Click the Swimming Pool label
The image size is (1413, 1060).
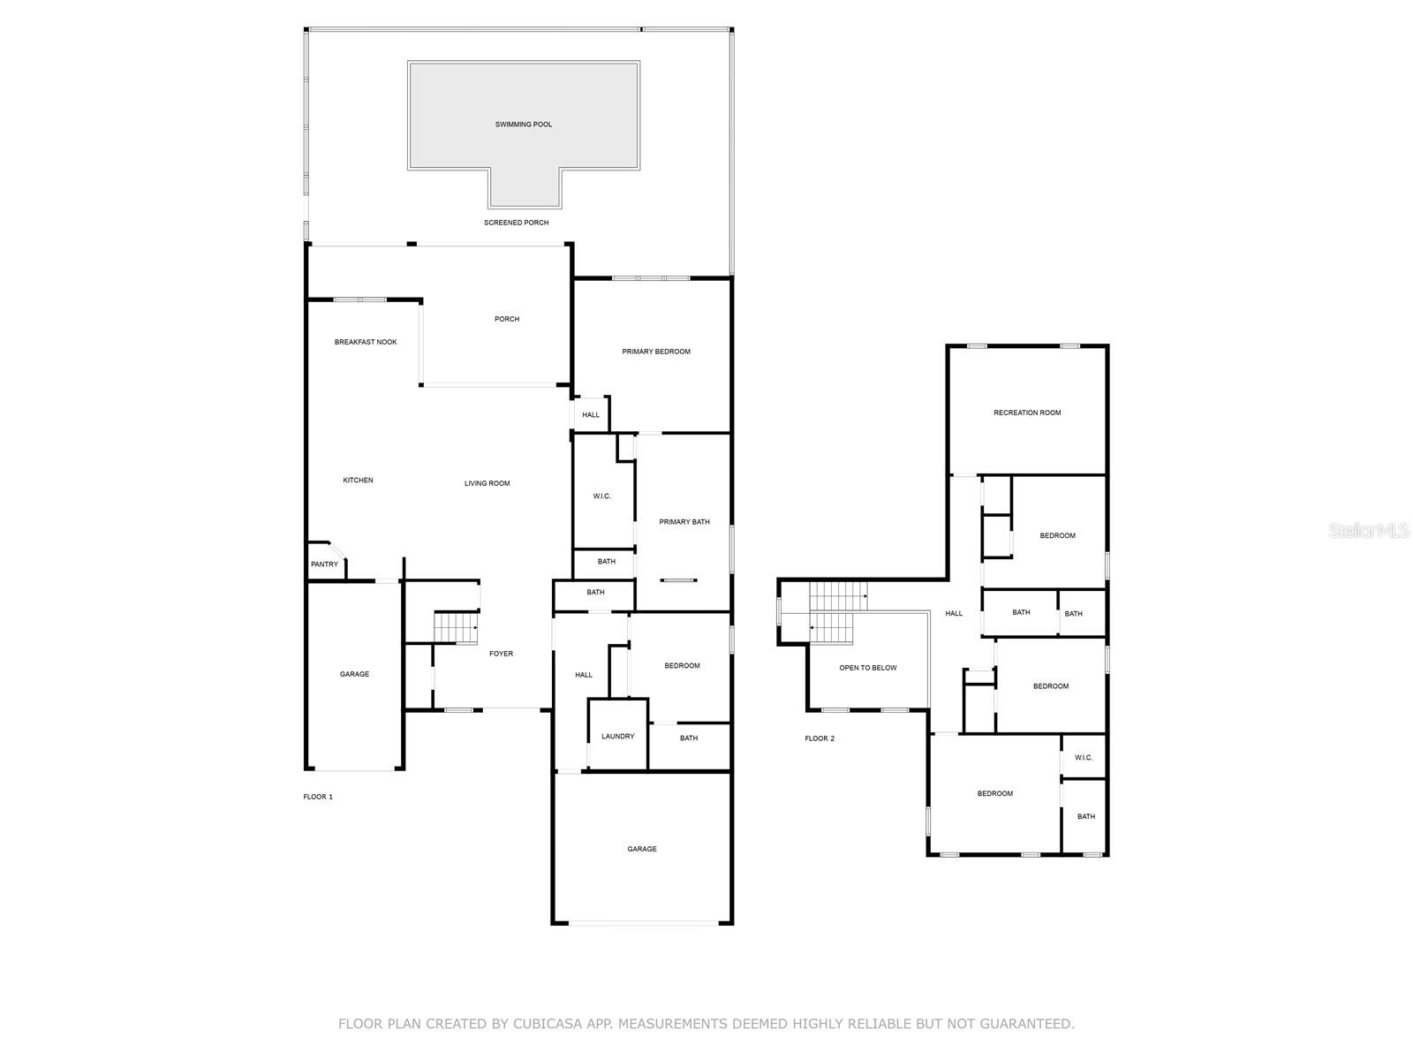[524, 125]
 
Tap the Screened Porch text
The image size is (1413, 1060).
[516, 223]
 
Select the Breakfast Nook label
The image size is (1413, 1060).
[366, 342]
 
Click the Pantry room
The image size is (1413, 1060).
[324, 564]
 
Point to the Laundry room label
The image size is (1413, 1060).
[617, 736]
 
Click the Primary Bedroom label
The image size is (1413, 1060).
[656, 352]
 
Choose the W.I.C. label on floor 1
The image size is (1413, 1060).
[602, 496]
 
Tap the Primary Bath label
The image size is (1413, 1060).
[684, 522]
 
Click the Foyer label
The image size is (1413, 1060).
[501, 654]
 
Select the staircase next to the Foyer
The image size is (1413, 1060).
[456, 627]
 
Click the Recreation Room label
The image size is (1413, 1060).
[1027, 413]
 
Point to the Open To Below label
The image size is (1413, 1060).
[867, 668]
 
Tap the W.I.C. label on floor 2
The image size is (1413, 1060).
[1084, 758]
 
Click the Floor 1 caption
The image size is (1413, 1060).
[318, 797]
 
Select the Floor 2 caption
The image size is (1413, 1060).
[820, 738]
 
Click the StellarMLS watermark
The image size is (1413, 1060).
[1369, 530]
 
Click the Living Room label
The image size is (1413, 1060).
[487, 483]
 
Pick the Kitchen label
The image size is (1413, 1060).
[358, 481]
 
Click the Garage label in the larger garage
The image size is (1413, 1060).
[642, 849]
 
